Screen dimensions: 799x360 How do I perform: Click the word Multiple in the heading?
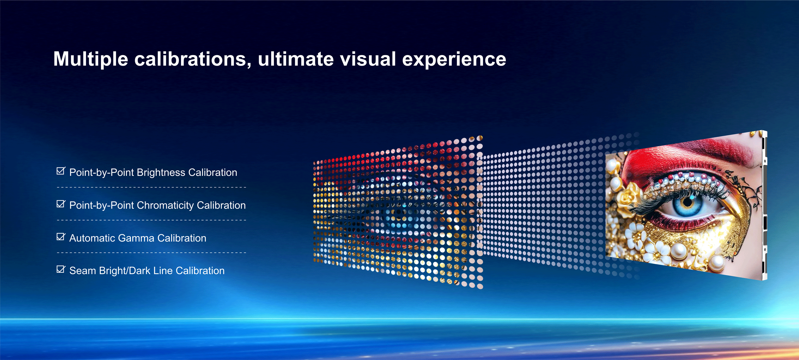click(x=90, y=59)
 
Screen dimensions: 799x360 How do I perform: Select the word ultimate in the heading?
click(x=296, y=59)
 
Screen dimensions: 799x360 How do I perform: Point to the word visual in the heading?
click(x=368, y=59)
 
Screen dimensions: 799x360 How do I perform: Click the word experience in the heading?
click(x=454, y=59)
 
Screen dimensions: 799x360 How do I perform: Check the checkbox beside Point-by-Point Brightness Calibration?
click(x=61, y=171)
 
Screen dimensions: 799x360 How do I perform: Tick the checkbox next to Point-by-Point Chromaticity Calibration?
click(x=61, y=204)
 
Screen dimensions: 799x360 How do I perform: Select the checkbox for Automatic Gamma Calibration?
click(x=61, y=237)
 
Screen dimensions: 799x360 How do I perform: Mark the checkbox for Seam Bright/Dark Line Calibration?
click(x=61, y=269)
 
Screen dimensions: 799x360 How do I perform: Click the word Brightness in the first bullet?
click(x=161, y=173)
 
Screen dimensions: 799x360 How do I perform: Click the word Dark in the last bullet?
click(x=140, y=271)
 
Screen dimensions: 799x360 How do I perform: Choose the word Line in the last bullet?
click(x=163, y=271)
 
